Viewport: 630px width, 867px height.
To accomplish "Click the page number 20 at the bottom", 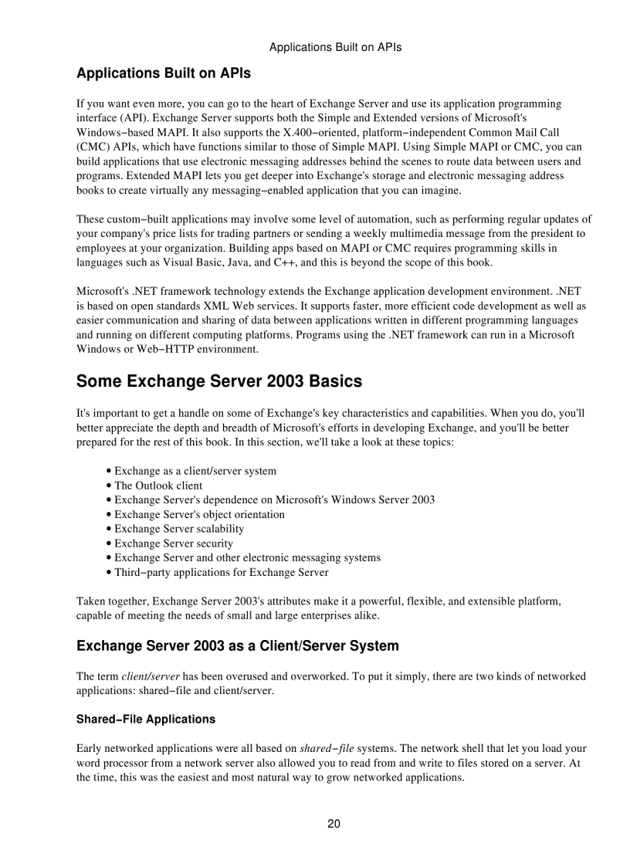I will [x=334, y=824].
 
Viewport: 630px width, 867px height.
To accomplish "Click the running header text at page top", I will [x=335, y=47].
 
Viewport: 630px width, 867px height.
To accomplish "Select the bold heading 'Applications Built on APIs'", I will [x=163, y=74].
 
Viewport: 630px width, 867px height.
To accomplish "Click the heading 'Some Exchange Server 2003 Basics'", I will [x=218, y=381].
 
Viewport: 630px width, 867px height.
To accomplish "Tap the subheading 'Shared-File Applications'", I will [x=145, y=719].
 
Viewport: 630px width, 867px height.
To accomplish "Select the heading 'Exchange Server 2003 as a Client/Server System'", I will [x=237, y=645].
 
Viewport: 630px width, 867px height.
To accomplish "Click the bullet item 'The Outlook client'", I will [x=157, y=486].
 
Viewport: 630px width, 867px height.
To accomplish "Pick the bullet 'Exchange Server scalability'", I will [x=178, y=529].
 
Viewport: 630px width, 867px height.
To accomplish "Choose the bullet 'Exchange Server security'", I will [x=173, y=544].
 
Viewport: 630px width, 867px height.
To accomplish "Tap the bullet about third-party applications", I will [x=221, y=573].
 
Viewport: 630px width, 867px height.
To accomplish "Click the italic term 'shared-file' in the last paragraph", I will [x=327, y=748].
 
